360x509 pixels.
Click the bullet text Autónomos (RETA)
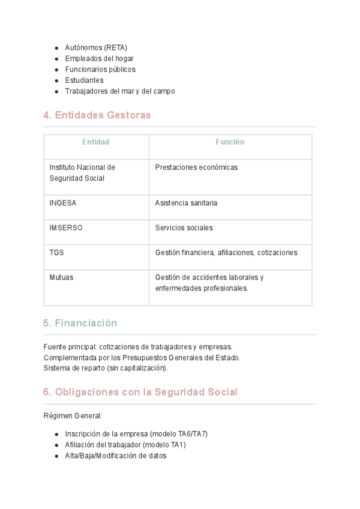(96, 47)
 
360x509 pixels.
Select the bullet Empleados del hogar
(99, 58)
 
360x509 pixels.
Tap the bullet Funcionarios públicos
(100, 69)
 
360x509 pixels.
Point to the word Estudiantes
(84, 80)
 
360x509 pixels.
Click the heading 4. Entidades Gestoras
(97, 115)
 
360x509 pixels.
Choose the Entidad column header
(96, 142)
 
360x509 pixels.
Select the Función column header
(230, 142)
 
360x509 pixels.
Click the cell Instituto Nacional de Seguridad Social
(82, 173)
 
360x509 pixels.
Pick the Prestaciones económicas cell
(196, 167)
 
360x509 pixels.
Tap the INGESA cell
(63, 203)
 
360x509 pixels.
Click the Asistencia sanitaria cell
(186, 203)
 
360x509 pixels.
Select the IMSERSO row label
(66, 228)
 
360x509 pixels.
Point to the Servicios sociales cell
(184, 228)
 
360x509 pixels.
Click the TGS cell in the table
(56, 253)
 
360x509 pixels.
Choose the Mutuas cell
(61, 277)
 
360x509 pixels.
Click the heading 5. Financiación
(80, 323)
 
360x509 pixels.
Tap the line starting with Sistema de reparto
(106, 368)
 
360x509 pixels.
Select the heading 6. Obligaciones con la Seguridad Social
(140, 392)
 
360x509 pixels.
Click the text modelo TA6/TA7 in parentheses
(178, 434)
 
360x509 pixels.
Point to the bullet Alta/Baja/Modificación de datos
(115, 456)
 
